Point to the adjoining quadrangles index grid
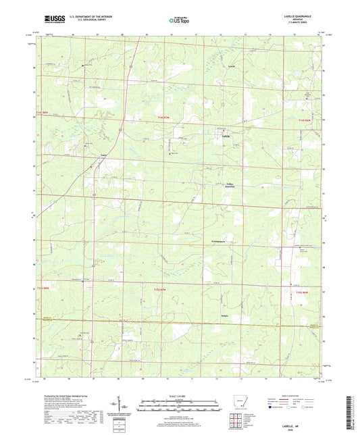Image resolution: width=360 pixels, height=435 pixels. click(237, 424)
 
